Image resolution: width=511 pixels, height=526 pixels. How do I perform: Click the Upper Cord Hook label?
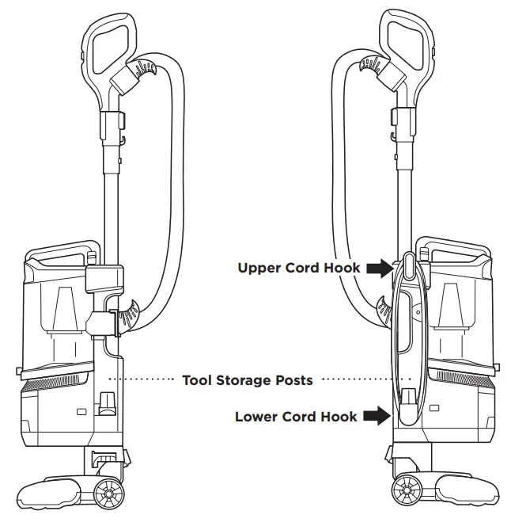click(x=299, y=268)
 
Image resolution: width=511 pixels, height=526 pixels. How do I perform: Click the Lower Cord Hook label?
click(x=296, y=417)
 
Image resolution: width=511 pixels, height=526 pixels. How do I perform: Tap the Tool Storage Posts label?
click(x=248, y=380)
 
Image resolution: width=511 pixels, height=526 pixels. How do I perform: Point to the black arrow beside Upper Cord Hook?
click(x=379, y=268)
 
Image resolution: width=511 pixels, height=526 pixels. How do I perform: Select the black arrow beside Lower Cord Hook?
click(x=377, y=417)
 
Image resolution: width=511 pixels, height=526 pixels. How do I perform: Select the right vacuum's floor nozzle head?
click(x=467, y=490)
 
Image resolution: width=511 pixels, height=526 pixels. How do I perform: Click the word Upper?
click(x=261, y=268)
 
